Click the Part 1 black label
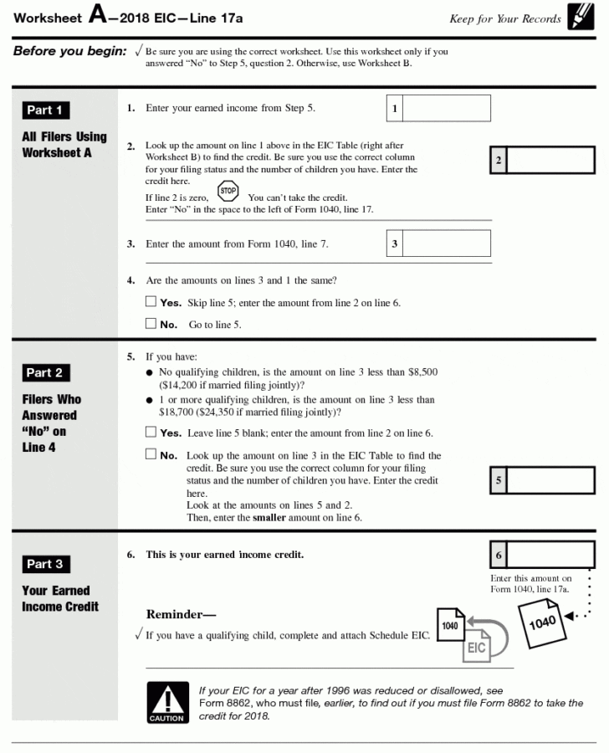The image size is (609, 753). (x=45, y=110)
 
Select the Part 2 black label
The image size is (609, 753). (x=45, y=373)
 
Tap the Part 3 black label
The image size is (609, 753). (x=45, y=564)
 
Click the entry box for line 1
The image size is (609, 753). (x=448, y=109)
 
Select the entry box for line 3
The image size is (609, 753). (x=448, y=243)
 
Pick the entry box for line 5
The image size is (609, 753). (x=550, y=481)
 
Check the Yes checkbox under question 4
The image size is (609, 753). (x=151, y=302)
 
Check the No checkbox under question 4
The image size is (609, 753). (x=151, y=324)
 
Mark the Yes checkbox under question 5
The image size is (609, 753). (x=151, y=433)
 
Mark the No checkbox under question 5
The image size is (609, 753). (x=151, y=455)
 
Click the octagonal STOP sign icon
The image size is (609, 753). (x=228, y=192)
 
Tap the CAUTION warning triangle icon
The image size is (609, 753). (x=167, y=701)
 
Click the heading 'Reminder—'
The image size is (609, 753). (x=181, y=615)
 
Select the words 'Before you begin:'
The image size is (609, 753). (x=69, y=52)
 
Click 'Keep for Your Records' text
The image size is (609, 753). (x=504, y=18)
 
